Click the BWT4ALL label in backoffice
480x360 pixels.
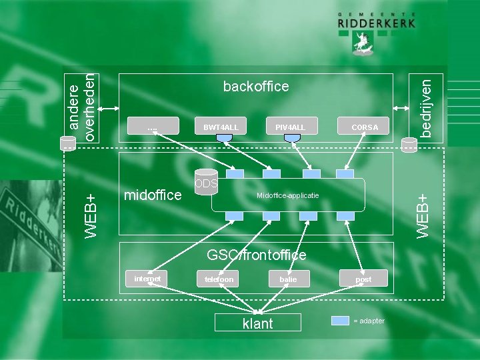pyautogui.click(x=221, y=127)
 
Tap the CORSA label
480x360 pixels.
pyautogui.click(x=365, y=127)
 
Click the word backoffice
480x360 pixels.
pyautogui.click(x=256, y=87)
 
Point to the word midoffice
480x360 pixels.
pyautogui.click(x=153, y=195)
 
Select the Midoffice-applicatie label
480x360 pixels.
pyautogui.click(x=288, y=195)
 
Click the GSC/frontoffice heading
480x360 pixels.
pyautogui.click(x=257, y=255)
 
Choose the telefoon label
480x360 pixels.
pyautogui.click(x=219, y=279)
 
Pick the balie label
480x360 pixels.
pyautogui.click(x=288, y=279)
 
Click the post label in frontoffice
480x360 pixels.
pyautogui.click(x=363, y=279)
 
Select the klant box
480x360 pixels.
pyautogui.click(x=257, y=323)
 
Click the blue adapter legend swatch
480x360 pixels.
pyautogui.click(x=340, y=321)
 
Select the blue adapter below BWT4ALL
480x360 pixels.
pyautogui.click(x=225, y=138)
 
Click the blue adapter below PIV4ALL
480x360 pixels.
pyautogui.click(x=292, y=138)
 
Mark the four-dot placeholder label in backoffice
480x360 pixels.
pyautogui.click(x=153, y=127)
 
